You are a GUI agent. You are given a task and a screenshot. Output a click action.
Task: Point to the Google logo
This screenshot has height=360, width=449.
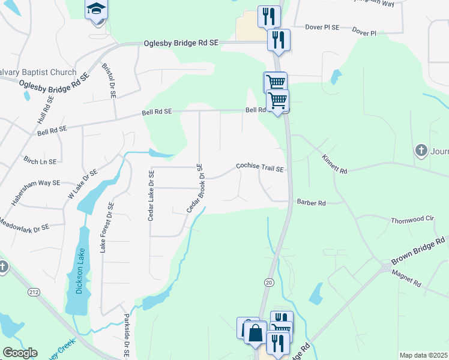20,353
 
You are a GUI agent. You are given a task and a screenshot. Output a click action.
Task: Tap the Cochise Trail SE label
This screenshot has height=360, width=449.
259,167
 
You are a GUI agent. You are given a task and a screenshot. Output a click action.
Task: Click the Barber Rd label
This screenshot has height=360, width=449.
311,203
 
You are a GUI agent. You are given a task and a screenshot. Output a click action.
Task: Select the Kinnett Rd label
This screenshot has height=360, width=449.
334,163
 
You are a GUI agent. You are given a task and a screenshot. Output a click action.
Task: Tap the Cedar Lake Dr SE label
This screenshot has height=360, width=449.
151,194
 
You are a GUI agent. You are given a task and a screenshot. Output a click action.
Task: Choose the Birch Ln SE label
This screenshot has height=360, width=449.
40,161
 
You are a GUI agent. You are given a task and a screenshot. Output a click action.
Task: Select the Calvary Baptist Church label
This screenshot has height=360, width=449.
38,73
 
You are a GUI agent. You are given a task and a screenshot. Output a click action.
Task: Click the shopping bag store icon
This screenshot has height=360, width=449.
255,332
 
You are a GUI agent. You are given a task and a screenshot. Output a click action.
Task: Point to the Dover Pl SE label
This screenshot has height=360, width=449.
322,27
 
